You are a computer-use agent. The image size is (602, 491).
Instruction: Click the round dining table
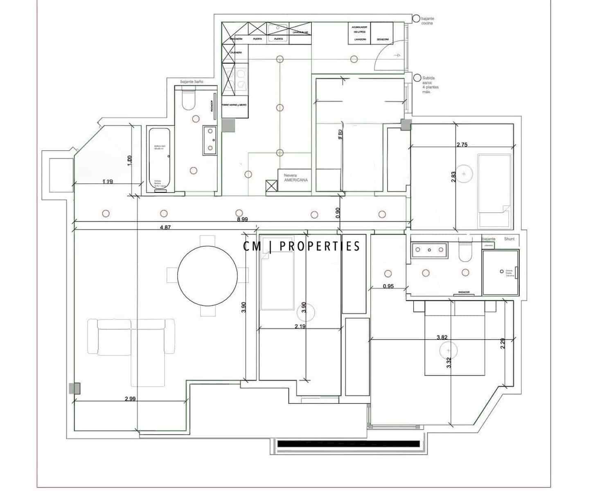207,275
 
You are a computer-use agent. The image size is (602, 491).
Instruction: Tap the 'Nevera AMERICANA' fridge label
295,178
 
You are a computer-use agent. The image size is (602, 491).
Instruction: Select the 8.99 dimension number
242,219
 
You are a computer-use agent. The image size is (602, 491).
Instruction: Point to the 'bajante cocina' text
427,21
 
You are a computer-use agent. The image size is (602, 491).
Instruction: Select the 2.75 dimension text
462,144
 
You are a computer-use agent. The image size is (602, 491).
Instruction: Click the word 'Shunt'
509,239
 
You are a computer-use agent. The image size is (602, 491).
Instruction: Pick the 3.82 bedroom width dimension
442,338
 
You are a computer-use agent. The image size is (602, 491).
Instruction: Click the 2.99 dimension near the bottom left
130,399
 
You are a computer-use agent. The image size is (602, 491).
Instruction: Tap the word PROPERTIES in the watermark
320,246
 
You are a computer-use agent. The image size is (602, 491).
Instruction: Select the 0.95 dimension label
388,286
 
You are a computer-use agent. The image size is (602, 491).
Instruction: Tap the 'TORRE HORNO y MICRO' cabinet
234,105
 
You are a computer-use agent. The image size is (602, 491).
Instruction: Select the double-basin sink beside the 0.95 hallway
429,249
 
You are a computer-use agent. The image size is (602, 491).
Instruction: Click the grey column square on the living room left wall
74,388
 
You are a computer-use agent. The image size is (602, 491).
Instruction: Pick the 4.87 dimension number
165,227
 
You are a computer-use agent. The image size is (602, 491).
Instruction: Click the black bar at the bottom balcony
348,444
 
